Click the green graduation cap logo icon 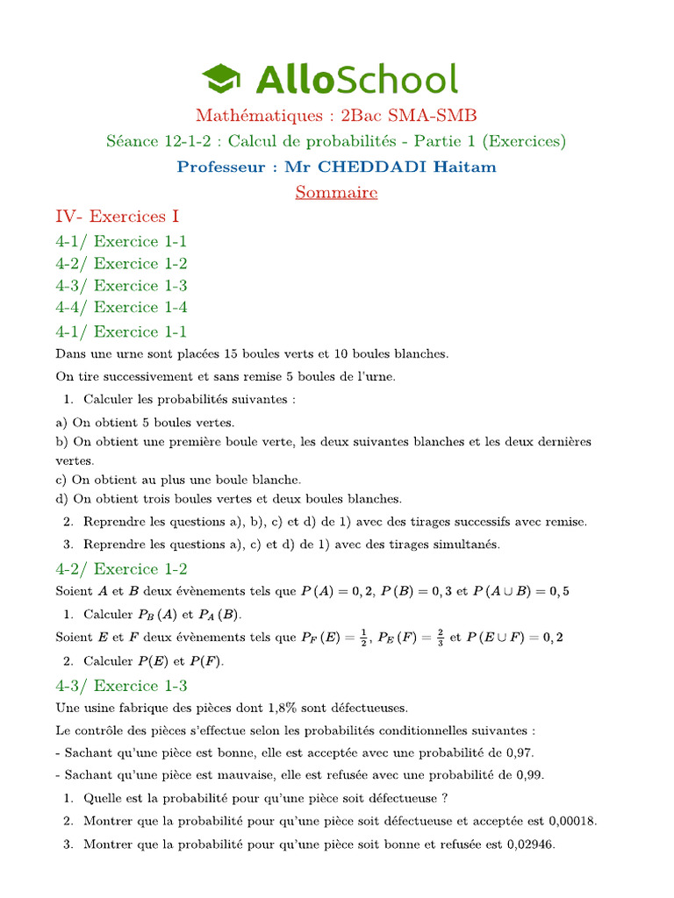click(x=223, y=78)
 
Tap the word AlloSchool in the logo click(x=356, y=79)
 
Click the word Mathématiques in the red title click(x=247, y=115)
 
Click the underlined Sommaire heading click(x=336, y=192)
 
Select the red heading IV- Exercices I click(x=118, y=216)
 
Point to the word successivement click(x=135, y=377)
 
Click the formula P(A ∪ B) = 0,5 click(x=521, y=591)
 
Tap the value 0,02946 click(x=529, y=844)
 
